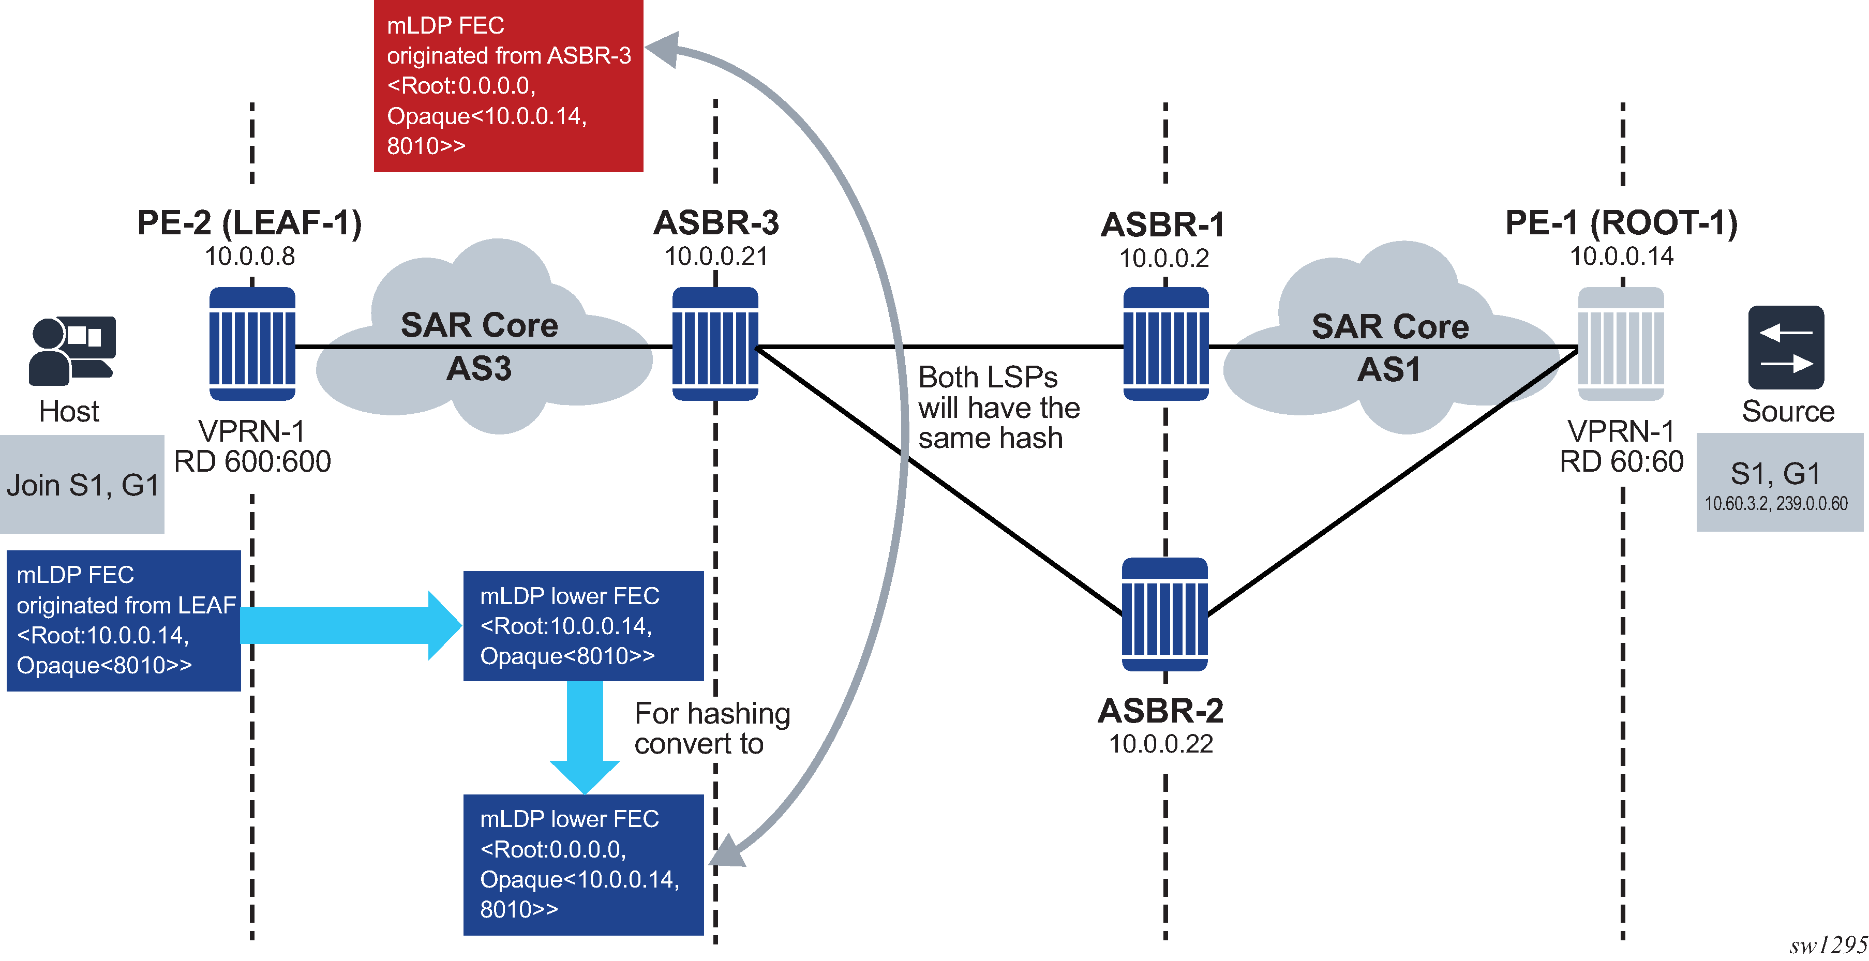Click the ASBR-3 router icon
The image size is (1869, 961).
(715, 344)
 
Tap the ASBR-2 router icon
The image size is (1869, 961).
(1164, 614)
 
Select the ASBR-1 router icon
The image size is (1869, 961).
(1165, 344)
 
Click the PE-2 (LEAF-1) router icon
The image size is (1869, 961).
(252, 344)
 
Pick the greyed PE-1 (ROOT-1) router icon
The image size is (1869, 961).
(1621, 344)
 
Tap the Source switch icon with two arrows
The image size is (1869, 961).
(1786, 348)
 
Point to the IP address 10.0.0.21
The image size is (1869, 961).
(715, 257)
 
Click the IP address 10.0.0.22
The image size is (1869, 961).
(1161, 744)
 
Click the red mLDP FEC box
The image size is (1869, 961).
(508, 85)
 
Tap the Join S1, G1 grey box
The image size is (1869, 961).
(82, 485)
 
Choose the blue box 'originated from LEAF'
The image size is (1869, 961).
(123, 621)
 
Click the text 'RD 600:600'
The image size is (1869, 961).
(252, 462)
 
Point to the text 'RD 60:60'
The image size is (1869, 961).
(1621, 462)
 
